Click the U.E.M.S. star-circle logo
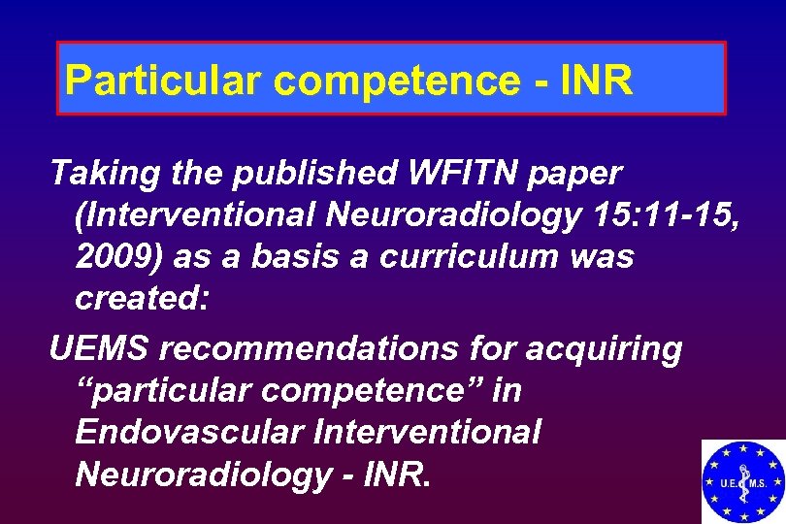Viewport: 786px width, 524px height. pos(743,481)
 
